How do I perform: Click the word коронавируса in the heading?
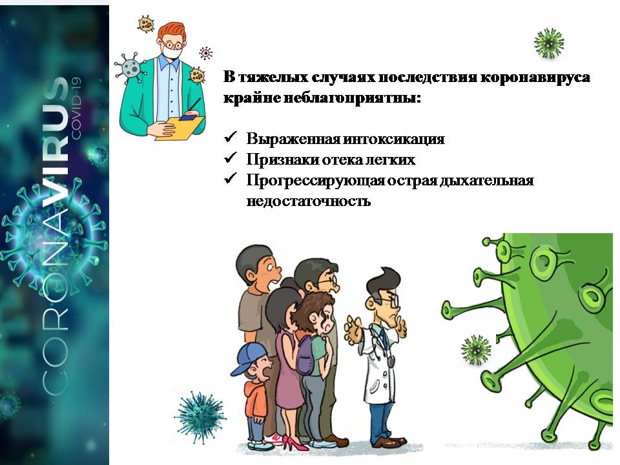[535, 77]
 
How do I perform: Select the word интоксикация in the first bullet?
[394, 139]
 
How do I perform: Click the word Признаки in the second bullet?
[282, 160]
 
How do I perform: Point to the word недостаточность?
[309, 201]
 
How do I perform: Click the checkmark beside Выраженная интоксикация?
[230, 137]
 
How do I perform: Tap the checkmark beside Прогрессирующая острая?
[230, 178]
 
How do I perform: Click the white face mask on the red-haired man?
[173, 52]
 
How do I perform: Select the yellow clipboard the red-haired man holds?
[180, 128]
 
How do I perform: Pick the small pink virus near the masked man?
[205, 53]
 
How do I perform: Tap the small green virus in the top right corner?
[549, 43]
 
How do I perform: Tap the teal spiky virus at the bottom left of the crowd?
[200, 418]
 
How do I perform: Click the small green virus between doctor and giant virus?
[476, 349]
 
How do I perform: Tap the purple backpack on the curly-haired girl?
[304, 355]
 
